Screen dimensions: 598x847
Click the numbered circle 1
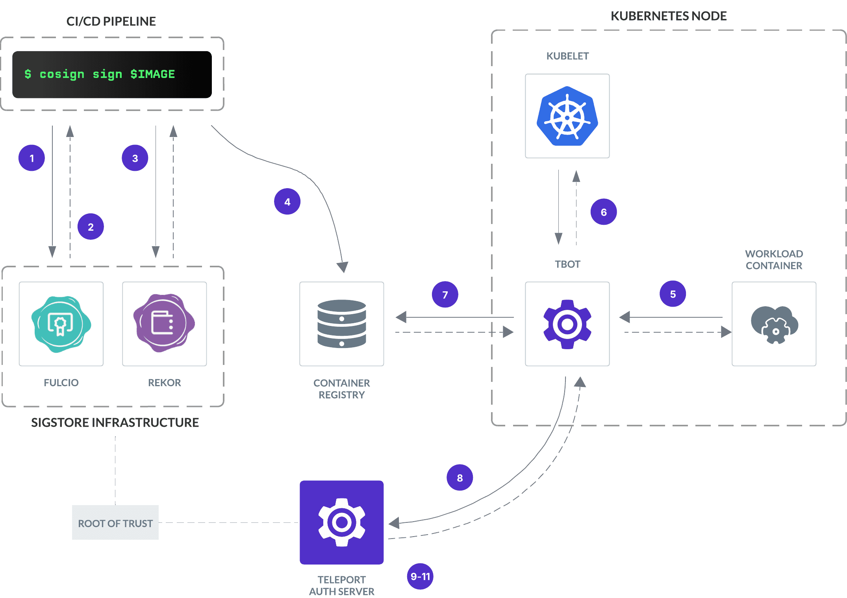pos(32,158)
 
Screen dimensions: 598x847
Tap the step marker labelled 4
pos(287,202)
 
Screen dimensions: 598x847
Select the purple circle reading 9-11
pos(420,576)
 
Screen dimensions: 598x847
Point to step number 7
pos(445,294)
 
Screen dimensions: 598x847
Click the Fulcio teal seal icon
pos(61,324)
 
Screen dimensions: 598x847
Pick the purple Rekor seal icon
pos(164,323)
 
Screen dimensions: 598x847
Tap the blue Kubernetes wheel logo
pos(567,117)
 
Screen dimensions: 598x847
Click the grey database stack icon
pos(341,324)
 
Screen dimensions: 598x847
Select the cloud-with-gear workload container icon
pos(774,324)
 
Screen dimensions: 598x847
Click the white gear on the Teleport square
pos(341,522)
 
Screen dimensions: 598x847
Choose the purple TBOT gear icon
pos(567,324)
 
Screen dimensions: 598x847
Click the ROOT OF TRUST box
pos(115,522)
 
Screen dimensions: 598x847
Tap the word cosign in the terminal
pos(62,74)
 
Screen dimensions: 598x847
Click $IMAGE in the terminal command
pos(152,74)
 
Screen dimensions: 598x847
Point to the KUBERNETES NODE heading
pos(668,16)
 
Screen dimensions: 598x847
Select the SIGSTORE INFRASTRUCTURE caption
pos(115,422)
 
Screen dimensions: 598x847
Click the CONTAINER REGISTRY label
pos(341,389)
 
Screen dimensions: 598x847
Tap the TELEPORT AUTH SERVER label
pos(341,585)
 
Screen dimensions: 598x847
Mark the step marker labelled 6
pos(603,212)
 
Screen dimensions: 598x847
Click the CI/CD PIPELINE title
pos(111,21)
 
